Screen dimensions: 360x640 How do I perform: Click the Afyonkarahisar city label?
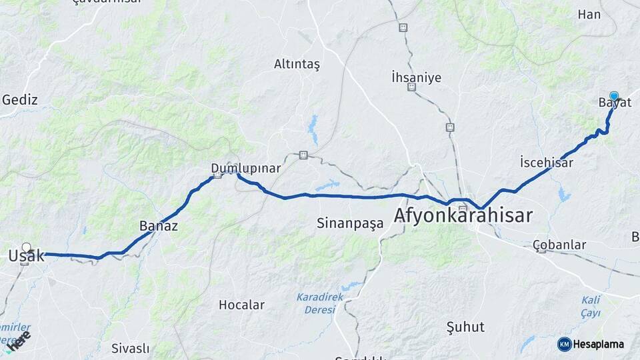(x=463, y=215)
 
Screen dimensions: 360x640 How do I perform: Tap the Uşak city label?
(x=26, y=255)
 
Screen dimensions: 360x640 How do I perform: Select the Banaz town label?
(x=159, y=225)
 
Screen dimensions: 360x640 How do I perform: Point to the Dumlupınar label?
(x=245, y=168)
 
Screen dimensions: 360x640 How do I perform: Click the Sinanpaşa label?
(x=350, y=223)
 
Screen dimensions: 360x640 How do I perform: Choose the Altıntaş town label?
(x=297, y=64)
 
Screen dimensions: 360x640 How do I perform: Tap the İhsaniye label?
(x=416, y=77)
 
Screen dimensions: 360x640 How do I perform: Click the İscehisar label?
(x=546, y=162)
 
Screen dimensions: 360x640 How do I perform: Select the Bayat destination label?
(x=615, y=103)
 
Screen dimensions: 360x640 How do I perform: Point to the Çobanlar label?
(x=559, y=245)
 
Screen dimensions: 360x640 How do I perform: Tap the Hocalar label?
(x=241, y=305)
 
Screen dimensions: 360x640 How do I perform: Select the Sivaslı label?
(x=130, y=348)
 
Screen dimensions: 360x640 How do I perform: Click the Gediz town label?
(x=20, y=100)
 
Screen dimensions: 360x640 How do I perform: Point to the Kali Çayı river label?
(x=591, y=306)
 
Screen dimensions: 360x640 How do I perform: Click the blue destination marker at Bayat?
(x=614, y=96)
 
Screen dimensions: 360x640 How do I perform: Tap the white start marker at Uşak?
(x=27, y=247)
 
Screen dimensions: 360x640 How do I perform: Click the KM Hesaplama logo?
(x=591, y=344)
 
